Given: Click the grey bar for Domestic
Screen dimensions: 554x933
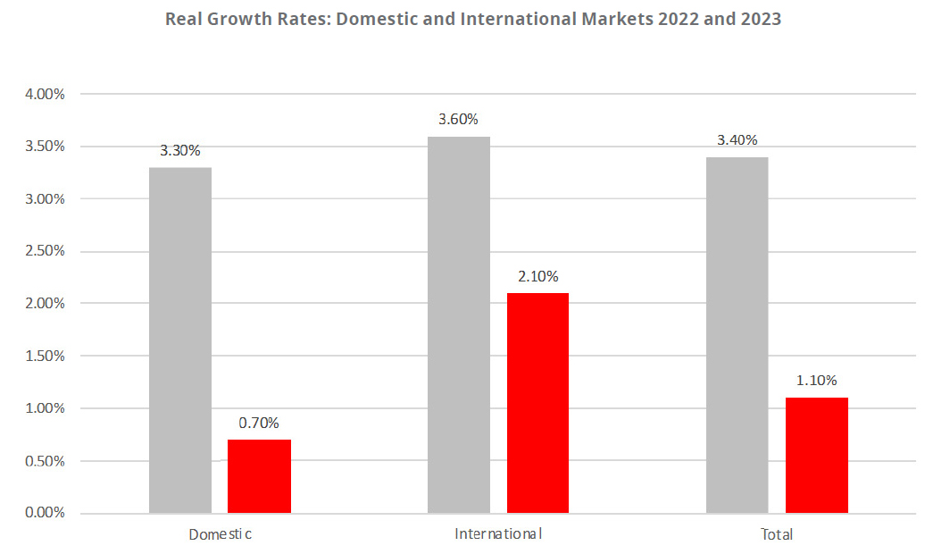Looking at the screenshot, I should pyautogui.click(x=180, y=340).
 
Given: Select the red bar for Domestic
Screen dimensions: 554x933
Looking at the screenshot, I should pyautogui.click(x=259, y=476).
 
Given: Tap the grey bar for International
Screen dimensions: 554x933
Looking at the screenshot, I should pyautogui.click(x=459, y=324).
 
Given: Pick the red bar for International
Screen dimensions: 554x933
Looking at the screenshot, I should pyautogui.click(x=537, y=403).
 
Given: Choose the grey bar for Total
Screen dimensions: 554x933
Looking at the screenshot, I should pyautogui.click(x=737, y=335).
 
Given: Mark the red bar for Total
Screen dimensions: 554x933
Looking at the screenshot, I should pyautogui.click(x=816, y=455).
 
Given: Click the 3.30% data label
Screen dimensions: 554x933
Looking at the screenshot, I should pyautogui.click(x=180, y=151).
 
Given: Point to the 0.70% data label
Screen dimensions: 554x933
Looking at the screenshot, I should pyautogui.click(x=259, y=423).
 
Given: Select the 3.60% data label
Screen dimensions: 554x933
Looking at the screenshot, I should pyautogui.click(x=459, y=120).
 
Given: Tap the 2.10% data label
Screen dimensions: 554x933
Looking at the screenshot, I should pyautogui.click(x=537, y=276).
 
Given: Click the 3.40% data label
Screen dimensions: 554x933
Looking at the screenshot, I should pyautogui.click(x=737, y=140).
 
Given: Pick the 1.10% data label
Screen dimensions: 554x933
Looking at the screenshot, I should pyautogui.click(x=816, y=382).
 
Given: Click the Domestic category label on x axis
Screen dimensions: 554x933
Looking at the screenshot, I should pyautogui.click(x=220, y=534).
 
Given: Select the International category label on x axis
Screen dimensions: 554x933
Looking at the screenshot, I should pyautogui.click(x=498, y=534).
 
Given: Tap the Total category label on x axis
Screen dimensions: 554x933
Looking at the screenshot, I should pyautogui.click(x=777, y=534).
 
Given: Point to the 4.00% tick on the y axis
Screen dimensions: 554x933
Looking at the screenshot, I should pyautogui.click(x=42, y=94).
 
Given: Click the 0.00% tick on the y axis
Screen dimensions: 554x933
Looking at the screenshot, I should pyautogui.click(x=42, y=513).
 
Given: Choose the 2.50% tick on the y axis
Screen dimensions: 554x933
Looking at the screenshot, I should pyautogui.click(x=42, y=251).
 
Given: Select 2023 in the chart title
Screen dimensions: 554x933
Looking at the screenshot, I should pyautogui.click(x=755, y=19).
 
